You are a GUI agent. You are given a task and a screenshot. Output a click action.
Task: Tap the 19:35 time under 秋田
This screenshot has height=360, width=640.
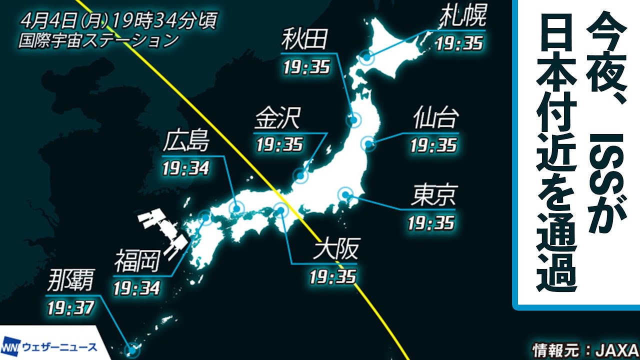pos(306,66)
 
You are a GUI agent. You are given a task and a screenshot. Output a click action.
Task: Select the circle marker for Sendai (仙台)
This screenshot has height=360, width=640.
pos(368,144)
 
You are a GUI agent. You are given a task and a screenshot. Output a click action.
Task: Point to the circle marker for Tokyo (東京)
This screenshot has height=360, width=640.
pos(345,194)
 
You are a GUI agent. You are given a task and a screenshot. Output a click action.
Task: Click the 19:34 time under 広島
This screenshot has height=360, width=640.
pos(185,167)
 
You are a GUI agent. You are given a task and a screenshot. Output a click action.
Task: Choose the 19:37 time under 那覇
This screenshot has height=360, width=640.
pos(70,307)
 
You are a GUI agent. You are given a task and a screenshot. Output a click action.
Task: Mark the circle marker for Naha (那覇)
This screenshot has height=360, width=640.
pos(131,349)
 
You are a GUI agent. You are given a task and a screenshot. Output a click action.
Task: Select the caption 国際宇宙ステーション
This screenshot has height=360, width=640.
pos(98,40)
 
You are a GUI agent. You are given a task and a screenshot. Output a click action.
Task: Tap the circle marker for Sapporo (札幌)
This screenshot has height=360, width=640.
pos(367,57)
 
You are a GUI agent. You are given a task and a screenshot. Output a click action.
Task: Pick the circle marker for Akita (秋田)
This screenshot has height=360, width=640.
pos(354,119)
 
